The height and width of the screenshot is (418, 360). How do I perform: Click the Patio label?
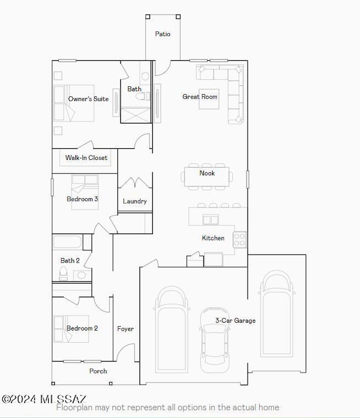coord(162,34)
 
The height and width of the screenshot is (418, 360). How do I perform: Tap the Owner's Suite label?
coord(88,99)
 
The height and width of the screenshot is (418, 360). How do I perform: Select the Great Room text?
coord(200,97)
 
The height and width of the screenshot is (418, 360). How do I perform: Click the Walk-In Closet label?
coord(86,158)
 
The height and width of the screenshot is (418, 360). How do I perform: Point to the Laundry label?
coord(135,202)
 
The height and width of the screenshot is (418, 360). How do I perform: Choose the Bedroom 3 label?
coord(83,199)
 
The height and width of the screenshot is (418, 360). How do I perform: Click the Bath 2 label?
coord(70,260)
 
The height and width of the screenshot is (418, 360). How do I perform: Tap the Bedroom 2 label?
coord(82,328)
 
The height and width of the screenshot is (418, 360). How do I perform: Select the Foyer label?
coord(125,329)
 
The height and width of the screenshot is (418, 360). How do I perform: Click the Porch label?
coord(98,371)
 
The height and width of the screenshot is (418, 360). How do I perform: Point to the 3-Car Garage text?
coord(235,321)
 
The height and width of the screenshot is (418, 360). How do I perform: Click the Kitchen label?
coord(213,238)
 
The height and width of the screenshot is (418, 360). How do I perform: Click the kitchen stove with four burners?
coord(240,239)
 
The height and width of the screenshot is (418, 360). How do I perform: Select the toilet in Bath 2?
coord(64,273)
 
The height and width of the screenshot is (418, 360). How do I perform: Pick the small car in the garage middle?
coord(214,339)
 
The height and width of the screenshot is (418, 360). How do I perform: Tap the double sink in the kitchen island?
coord(210,220)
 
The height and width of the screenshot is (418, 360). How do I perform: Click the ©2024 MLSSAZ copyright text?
coord(44,399)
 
